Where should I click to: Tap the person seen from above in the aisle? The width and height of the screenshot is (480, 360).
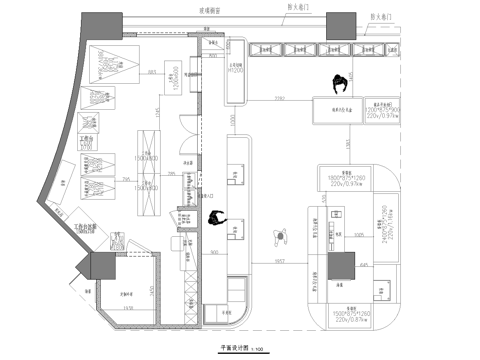[279, 235]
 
